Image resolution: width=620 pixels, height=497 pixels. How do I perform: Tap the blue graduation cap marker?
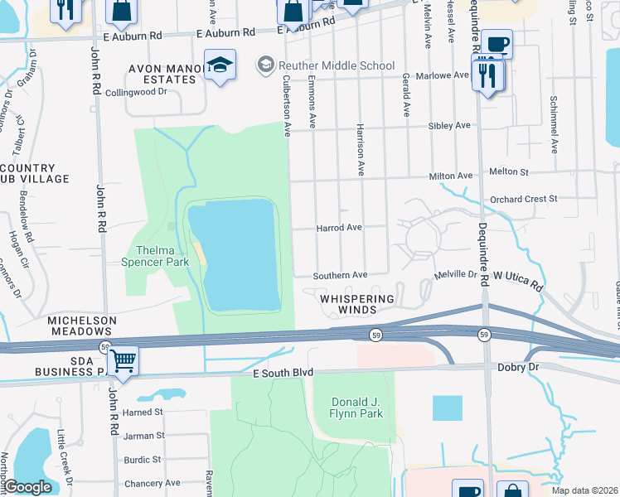pos(220,65)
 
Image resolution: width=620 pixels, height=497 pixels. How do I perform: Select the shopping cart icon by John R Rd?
pos(123,361)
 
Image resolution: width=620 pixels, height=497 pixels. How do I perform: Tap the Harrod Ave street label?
pos(339,227)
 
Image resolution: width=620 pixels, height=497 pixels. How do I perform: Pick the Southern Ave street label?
pos(340,275)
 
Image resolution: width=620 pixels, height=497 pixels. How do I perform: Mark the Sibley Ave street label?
pos(449,126)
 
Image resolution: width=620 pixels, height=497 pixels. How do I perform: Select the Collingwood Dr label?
pos(139,92)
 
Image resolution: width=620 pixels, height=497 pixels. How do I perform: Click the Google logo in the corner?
pos(28,487)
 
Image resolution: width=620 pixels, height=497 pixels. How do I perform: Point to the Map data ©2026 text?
pos(584,490)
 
